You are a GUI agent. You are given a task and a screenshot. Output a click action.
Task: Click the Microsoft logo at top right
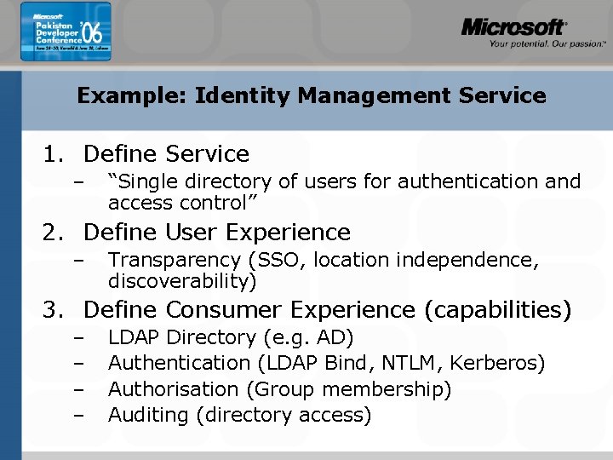pos(513,26)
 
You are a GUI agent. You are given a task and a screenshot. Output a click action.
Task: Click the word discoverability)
pos(182,281)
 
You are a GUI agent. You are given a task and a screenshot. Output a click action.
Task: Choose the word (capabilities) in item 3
pos(501,310)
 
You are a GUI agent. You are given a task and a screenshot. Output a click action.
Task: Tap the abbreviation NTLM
pos(413,364)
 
